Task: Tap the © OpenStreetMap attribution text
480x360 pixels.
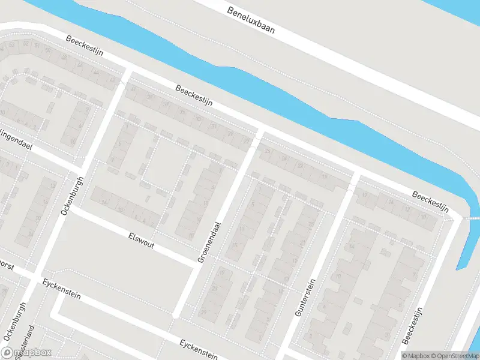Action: tap(450, 356)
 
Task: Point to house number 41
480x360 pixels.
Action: tap(133, 89)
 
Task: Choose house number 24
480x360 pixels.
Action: tap(283, 160)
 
